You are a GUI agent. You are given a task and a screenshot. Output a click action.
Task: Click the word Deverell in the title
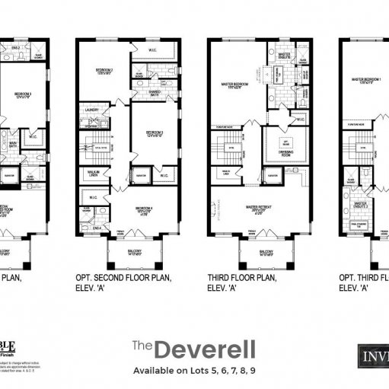tap(205, 349)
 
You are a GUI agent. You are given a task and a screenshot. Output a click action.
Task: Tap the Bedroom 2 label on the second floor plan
tap(104, 70)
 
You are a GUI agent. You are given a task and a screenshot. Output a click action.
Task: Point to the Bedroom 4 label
tap(149, 207)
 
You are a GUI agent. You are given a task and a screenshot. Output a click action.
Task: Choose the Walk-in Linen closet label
tap(94, 174)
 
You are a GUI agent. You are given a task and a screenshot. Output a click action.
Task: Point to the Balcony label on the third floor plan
tap(266, 252)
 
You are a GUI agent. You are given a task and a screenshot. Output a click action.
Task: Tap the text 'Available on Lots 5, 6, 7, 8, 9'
tap(194, 370)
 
